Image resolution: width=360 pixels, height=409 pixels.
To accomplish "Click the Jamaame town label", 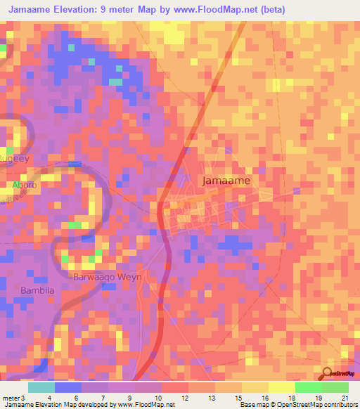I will click(226, 181).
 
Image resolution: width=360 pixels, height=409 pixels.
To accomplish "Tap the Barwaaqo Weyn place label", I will click(108, 277).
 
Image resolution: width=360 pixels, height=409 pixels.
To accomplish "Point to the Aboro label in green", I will click(22, 185).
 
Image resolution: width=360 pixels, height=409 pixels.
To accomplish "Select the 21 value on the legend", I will click(345, 398).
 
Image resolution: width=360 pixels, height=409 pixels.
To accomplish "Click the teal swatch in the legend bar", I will click(41, 387).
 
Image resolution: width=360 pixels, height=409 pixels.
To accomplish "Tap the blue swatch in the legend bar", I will click(68, 387).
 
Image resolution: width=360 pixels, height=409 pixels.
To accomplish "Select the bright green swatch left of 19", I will click(309, 387).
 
